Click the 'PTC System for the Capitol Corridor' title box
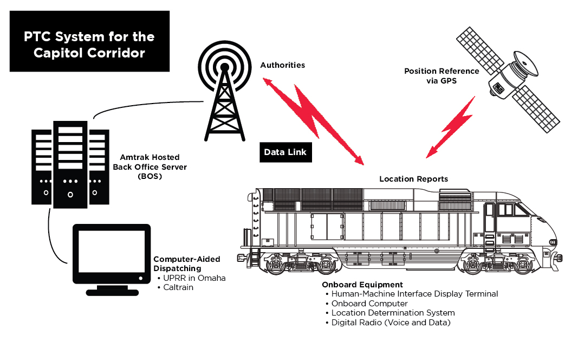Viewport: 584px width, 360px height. pos(89,45)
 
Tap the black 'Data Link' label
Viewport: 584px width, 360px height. pos(285,152)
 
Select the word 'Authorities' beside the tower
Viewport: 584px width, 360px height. pos(282,65)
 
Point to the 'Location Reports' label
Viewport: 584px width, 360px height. pos(413,179)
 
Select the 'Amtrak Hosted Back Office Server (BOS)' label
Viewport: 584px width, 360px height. pos(142,166)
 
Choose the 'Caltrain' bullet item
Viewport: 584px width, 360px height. pos(178,287)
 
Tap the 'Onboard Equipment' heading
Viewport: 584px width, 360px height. pos(362,285)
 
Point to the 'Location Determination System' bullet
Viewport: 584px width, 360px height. pos(393,313)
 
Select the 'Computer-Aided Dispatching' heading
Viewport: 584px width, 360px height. pos(186,263)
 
